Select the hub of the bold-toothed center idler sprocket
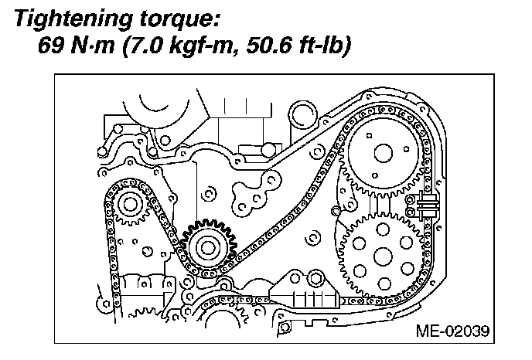(206, 247)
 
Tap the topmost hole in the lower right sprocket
(381, 229)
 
